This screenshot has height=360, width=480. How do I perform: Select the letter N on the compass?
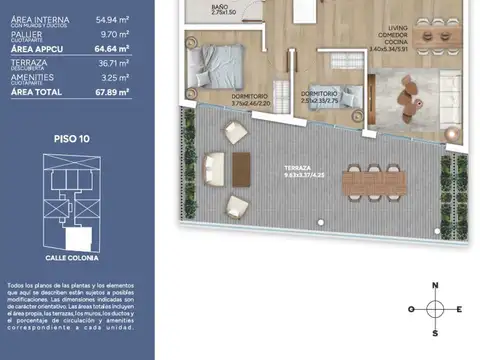point(434,285)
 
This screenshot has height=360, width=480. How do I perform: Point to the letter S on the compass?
point(434,333)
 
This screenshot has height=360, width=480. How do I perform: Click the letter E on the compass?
point(458,309)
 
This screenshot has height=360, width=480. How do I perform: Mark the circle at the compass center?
point(434,309)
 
